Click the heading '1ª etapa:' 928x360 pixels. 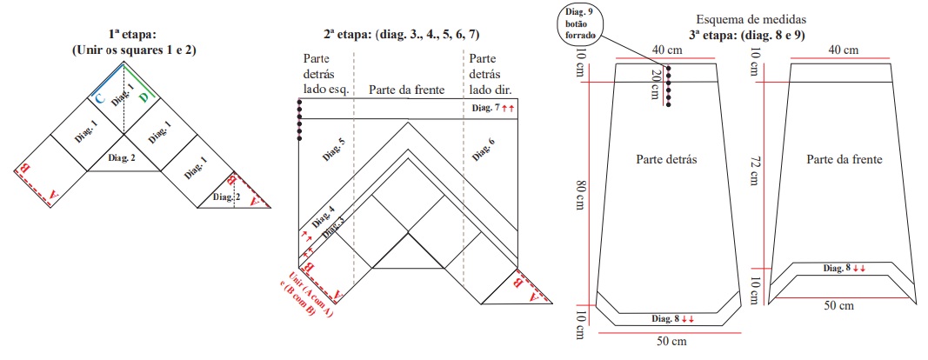[x=134, y=36]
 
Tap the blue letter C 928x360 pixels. [x=101, y=99]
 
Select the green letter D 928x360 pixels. [x=144, y=98]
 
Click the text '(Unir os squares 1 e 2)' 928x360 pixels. [x=134, y=50]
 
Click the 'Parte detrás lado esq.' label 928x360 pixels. [x=322, y=73]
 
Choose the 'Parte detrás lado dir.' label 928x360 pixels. [x=489, y=73]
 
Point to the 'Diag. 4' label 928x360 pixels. [x=324, y=217]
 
